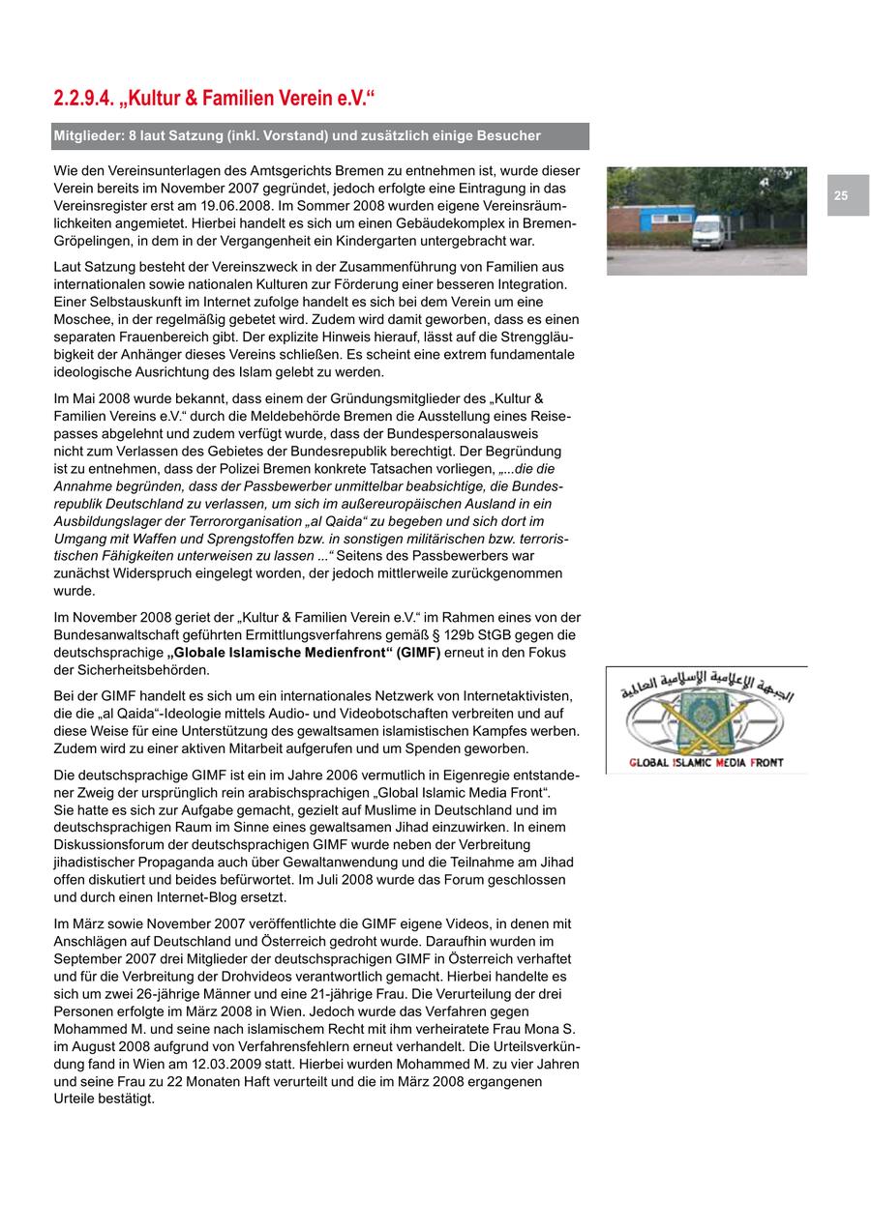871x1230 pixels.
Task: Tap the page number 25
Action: (x=841, y=195)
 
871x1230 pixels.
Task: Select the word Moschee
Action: (x=83, y=319)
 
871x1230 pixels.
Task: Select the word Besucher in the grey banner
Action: (x=510, y=136)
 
